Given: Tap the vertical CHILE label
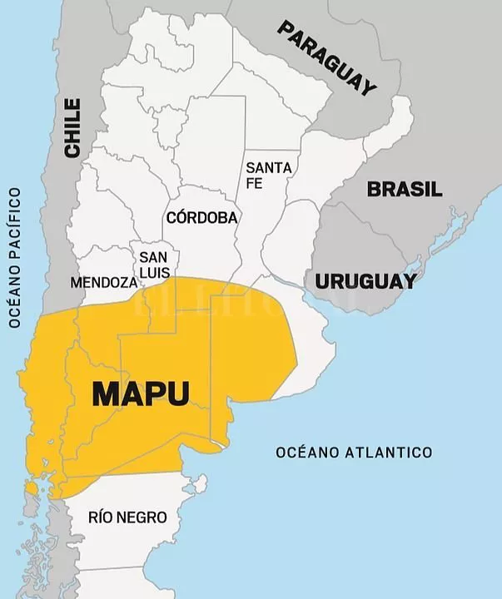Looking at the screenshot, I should (73, 127).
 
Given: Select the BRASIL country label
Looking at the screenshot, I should (405, 189).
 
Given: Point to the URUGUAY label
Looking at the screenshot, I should (365, 281).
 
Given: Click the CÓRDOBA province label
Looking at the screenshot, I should (202, 218).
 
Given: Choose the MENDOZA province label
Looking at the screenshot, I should (104, 282).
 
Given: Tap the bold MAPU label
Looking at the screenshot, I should (141, 394).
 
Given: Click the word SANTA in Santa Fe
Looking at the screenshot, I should (268, 168).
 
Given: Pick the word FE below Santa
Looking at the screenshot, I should (255, 183).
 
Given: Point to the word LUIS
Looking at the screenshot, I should (155, 272).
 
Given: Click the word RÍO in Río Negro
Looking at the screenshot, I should (101, 517).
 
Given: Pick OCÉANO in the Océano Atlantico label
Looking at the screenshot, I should (305, 453).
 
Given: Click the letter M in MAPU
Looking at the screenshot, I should (106, 394).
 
